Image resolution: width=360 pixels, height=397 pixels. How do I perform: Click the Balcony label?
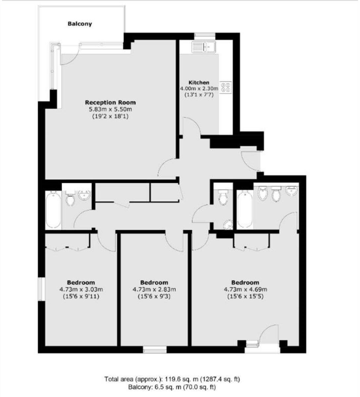tap(80, 24)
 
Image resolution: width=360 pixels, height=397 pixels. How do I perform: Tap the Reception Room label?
tap(111, 102)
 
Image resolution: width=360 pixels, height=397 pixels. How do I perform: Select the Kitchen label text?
tap(199, 82)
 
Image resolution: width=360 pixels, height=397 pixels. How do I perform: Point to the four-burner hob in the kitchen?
tap(227, 87)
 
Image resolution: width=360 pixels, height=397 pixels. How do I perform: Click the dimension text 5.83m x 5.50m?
tap(111, 109)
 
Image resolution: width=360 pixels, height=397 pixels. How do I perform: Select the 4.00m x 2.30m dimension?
tap(199, 88)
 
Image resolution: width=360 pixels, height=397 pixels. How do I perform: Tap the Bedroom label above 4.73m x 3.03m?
tap(81, 283)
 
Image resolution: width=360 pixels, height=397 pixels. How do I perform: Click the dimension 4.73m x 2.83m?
tap(154, 289)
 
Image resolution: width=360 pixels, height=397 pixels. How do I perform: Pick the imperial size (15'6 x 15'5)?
tap(245, 297)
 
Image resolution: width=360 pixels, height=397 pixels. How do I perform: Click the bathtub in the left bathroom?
tap(54, 209)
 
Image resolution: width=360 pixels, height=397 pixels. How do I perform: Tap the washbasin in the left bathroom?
tap(85, 196)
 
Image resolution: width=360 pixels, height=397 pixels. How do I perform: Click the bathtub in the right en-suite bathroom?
tap(245, 209)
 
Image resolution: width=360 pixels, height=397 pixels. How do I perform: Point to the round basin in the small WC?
tap(228, 225)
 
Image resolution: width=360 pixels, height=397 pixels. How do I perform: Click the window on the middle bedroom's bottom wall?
tap(155, 349)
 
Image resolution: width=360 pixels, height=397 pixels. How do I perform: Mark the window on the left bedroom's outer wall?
tap(41, 289)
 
